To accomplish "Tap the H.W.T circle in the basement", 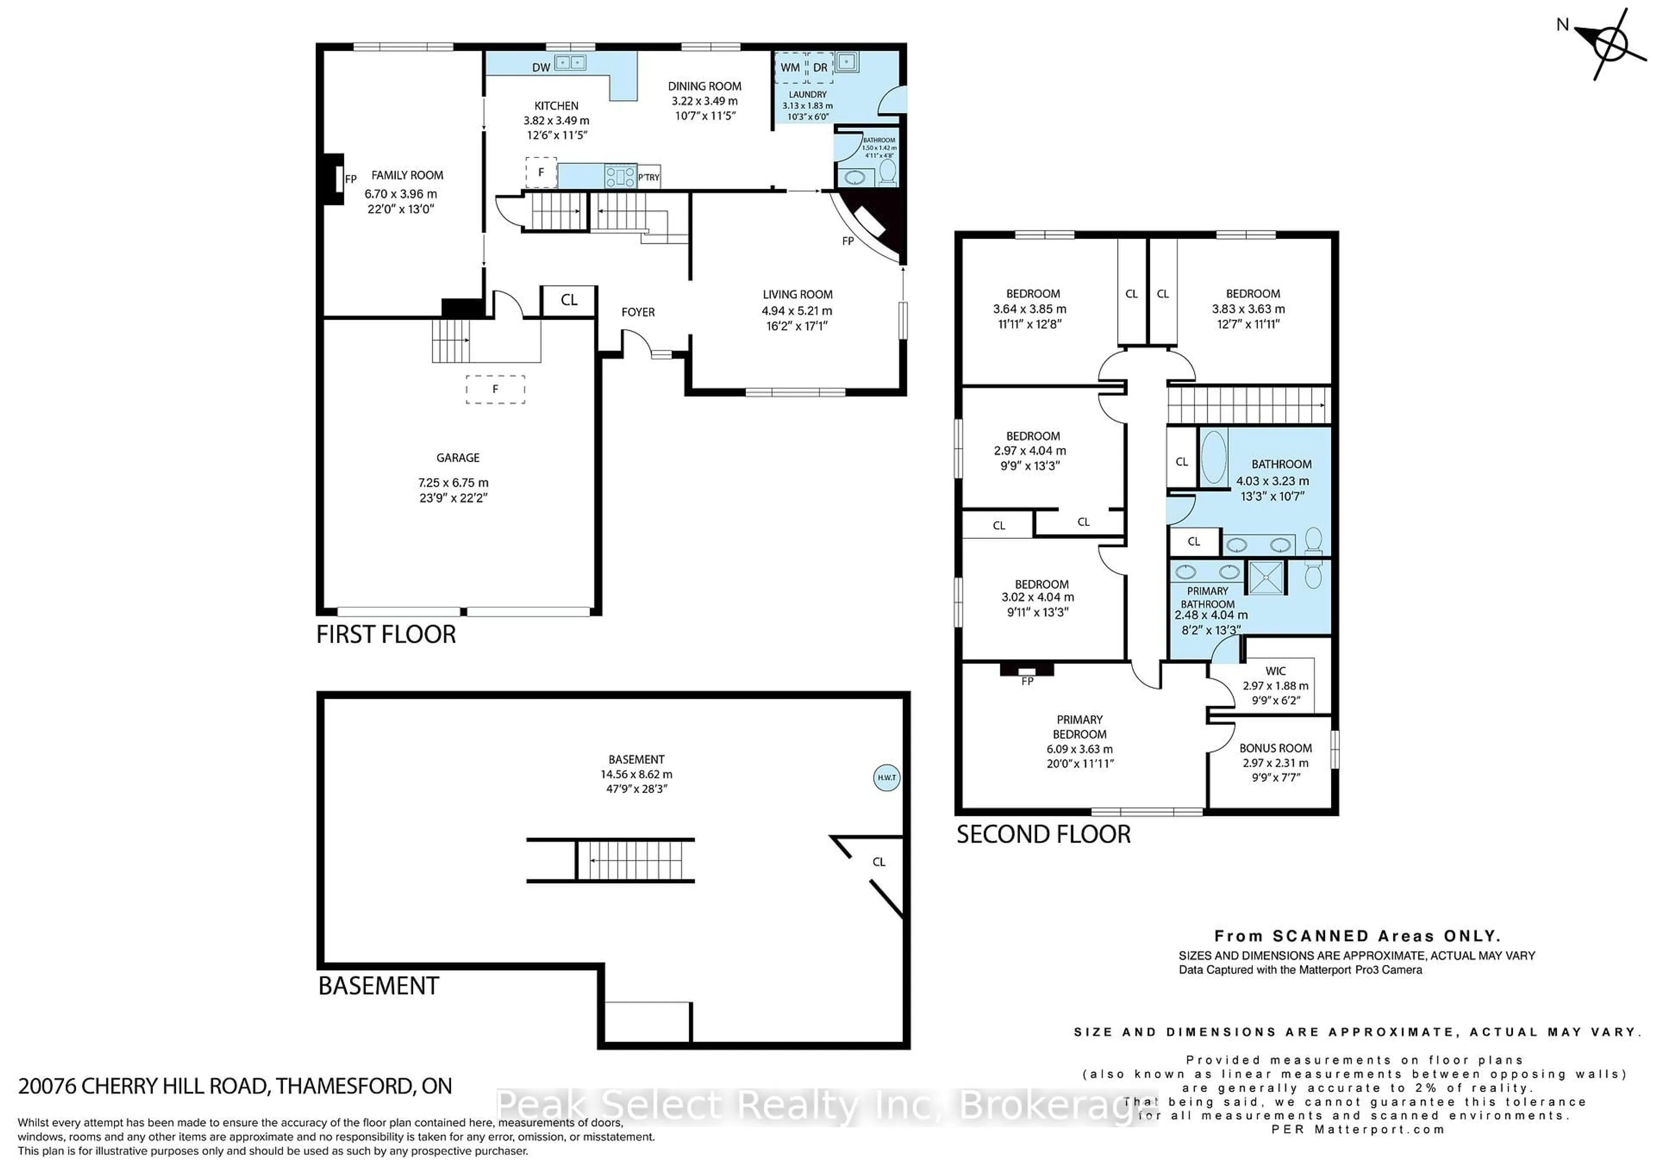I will [x=886, y=778].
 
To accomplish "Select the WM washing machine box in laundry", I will [x=790, y=68].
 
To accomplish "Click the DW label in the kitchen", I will [x=540, y=68].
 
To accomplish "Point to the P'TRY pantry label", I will [x=648, y=177].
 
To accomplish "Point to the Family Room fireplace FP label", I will [x=351, y=179].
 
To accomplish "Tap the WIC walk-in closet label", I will [x=1275, y=671].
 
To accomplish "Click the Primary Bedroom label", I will [x=1079, y=727].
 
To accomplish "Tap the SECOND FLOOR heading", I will [x=1043, y=834].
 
